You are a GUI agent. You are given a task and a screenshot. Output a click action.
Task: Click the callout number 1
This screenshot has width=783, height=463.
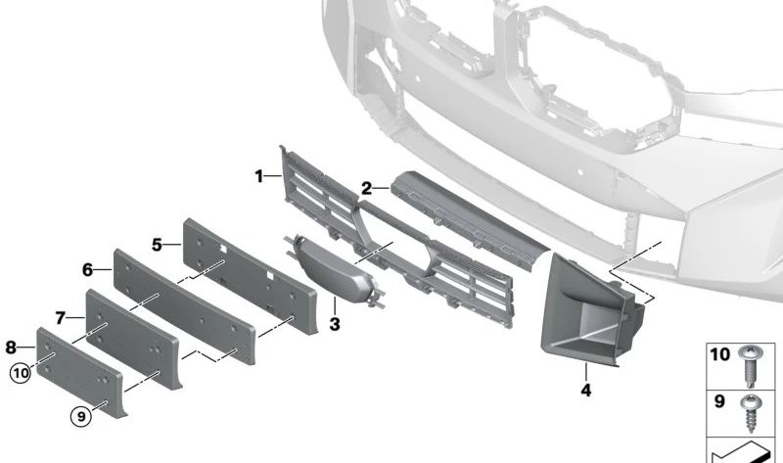(259, 176)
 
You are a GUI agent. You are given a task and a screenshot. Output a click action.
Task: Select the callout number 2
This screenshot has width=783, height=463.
(366, 189)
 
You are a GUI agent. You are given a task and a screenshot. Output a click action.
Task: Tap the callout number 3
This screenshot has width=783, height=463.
(335, 324)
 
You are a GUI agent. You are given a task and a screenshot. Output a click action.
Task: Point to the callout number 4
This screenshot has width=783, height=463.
(586, 391)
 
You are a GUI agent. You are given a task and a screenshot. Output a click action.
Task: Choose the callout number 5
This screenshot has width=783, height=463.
(158, 246)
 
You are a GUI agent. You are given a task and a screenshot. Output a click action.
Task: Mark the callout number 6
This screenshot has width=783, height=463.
(87, 270)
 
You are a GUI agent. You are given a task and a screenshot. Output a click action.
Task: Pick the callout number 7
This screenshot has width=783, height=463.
(61, 318)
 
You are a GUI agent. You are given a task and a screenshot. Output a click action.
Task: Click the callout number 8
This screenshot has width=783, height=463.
(11, 347)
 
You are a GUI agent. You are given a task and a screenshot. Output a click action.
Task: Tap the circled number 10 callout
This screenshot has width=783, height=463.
(21, 373)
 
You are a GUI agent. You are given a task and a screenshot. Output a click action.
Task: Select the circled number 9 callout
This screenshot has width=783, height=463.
(81, 416)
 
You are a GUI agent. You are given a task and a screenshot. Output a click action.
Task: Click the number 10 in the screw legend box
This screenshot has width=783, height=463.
(720, 354)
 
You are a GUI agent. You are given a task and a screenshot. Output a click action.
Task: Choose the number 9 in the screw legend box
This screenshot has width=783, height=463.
(719, 401)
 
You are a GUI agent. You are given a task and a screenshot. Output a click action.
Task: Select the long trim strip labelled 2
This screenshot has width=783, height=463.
(469, 219)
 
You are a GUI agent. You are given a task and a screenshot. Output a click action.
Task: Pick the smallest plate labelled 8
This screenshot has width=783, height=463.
(80, 372)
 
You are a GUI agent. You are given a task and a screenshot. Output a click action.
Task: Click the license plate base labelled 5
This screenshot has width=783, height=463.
(250, 276)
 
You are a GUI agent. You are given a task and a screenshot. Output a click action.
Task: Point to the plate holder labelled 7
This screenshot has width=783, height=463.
(133, 339)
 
